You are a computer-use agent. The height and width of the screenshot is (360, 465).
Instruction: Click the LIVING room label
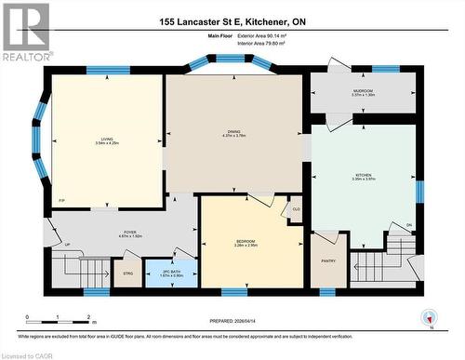tap(107, 139)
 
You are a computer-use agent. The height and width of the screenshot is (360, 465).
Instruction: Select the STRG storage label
tap(126, 274)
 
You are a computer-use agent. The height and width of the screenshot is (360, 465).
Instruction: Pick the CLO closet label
tap(297, 209)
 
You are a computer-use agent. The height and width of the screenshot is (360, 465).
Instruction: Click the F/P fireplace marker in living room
tap(61, 201)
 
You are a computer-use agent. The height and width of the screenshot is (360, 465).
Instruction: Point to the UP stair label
tap(67, 245)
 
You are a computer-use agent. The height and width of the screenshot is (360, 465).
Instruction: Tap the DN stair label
tap(408, 225)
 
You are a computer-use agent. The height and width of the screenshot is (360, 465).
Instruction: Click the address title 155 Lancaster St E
tap(232, 20)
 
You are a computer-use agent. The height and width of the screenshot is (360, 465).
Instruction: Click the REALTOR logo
tap(25, 32)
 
